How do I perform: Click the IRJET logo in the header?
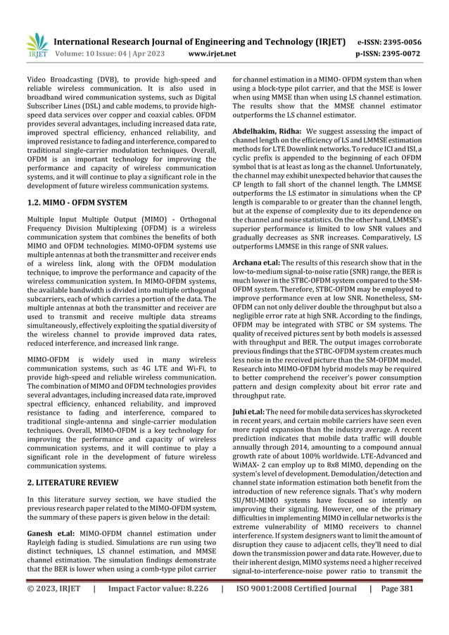pos(36,44)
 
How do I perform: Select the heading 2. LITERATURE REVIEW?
pos(68,482)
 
